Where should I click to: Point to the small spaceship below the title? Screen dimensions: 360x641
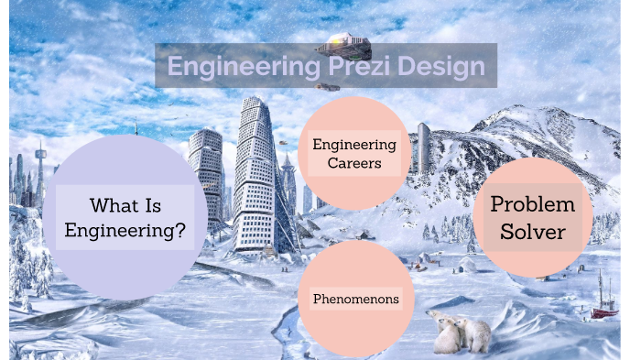point(328,87)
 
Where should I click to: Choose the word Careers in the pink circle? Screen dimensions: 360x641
point(354,164)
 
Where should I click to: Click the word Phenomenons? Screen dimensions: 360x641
point(355,299)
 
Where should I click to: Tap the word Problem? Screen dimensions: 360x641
point(532,204)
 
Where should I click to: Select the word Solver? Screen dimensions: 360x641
point(532,232)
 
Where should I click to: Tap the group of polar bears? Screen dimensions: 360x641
point(460,333)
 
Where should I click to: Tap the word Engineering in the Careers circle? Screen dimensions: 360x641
point(354,144)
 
